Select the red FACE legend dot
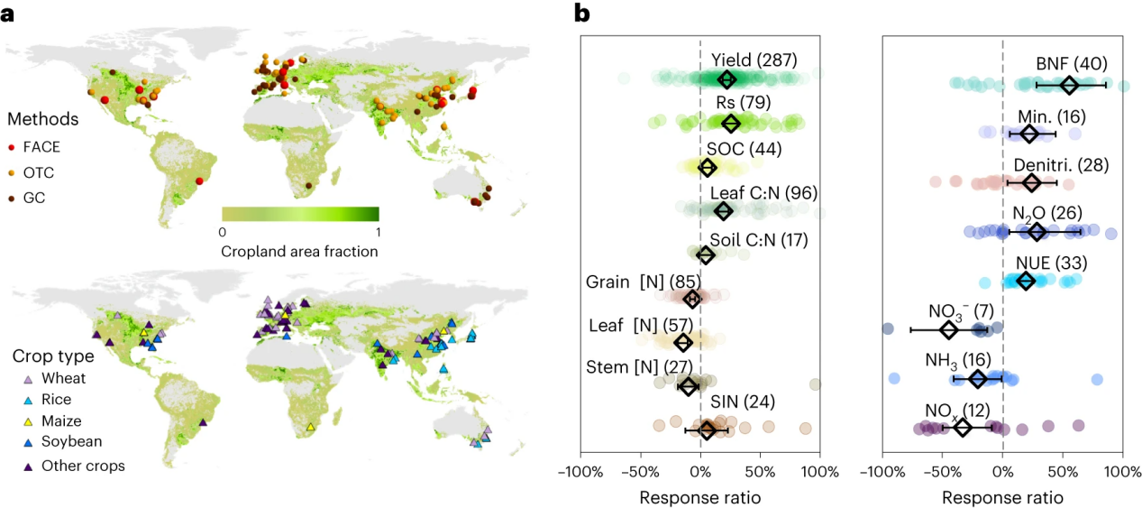[x=12, y=145]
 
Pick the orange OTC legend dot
[x=12, y=170]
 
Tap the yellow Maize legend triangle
[x=12, y=420]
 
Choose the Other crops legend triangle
[x=12, y=466]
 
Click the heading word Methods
[x=42, y=119]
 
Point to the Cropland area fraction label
[x=299, y=251]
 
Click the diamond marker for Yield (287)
[x=726, y=79]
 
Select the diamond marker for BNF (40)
[x=1069, y=85]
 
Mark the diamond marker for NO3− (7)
[x=948, y=329]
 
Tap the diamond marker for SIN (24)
[x=708, y=430]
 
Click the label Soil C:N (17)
[x=759, y=240]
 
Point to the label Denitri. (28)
[x=1061, y=165]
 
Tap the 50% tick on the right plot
[x=1064, y=470]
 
